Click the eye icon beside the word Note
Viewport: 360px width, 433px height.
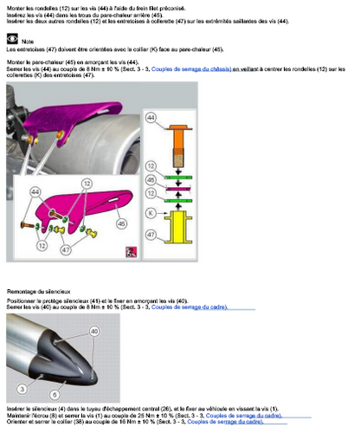pyautogui.click(x=11, y=39)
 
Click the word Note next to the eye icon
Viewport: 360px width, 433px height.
pyautogui.click(x=29, y=41)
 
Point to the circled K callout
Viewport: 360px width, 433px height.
pyautogui.click(x=151, y=211)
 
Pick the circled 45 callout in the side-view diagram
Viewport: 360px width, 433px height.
pyautogui.click(x=151, y=180)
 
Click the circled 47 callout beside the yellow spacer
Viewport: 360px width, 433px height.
pyautogui.click(x=151, y=234)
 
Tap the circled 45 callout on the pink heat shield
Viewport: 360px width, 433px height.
pyautogui.click(x=120, y=223)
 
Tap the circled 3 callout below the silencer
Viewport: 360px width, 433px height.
pyautogui.click(x=33, y=390)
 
